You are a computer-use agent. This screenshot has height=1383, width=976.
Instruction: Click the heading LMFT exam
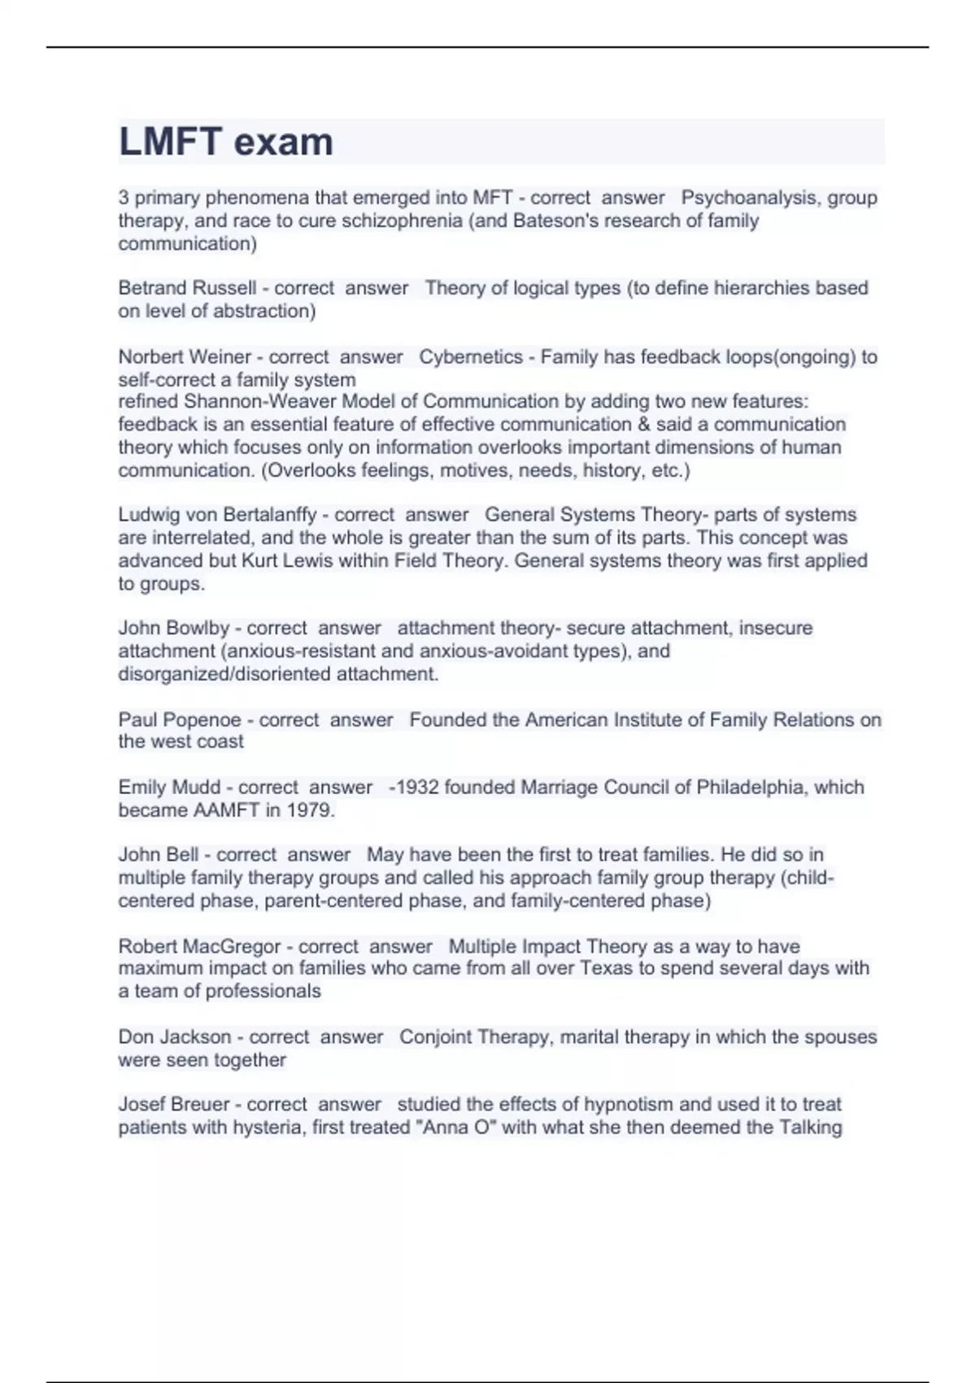tap(226, 142)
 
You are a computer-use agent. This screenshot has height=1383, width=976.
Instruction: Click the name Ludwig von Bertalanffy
tap(217, 515)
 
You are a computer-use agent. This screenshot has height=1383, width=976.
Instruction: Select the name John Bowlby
tap(174, 628)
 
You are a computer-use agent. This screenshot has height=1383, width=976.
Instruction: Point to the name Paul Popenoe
tap(180, 720)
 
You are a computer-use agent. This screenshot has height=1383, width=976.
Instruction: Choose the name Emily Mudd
tap(169, 787)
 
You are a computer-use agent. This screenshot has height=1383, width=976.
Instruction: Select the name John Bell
tap(159, 855)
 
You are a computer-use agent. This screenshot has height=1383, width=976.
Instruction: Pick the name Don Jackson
tap(175, 1037)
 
